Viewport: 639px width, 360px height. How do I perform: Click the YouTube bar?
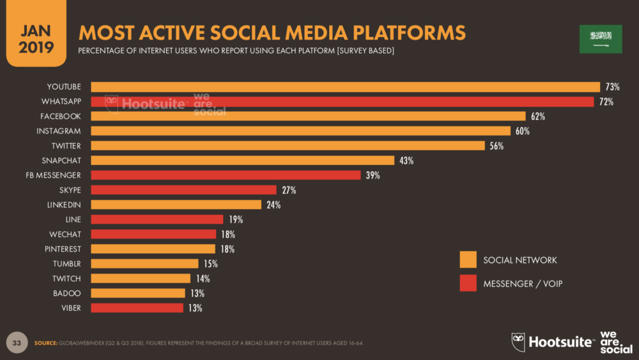pos(345,87)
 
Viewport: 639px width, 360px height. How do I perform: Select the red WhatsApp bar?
pos(342,102)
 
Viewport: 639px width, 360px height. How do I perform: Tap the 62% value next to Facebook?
pos(537,116)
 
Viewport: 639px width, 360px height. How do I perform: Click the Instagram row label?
pos(64,131)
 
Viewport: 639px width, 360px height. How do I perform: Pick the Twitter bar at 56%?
pos(288,146)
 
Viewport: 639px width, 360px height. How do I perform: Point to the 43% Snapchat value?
pos(406,160)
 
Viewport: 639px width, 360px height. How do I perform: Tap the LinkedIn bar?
pos(176,205)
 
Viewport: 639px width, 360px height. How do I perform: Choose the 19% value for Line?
pos(235,219)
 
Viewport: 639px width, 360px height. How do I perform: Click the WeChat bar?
pos(153,234)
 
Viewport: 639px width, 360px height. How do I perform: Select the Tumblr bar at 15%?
pos(144,263)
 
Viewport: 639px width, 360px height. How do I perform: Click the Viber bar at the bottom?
pos(137,308)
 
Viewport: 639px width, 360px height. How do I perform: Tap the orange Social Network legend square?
pos(468,260)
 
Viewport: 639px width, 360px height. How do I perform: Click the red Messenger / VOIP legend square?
pos(468,283)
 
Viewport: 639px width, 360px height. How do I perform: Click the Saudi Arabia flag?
pos(600,39)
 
